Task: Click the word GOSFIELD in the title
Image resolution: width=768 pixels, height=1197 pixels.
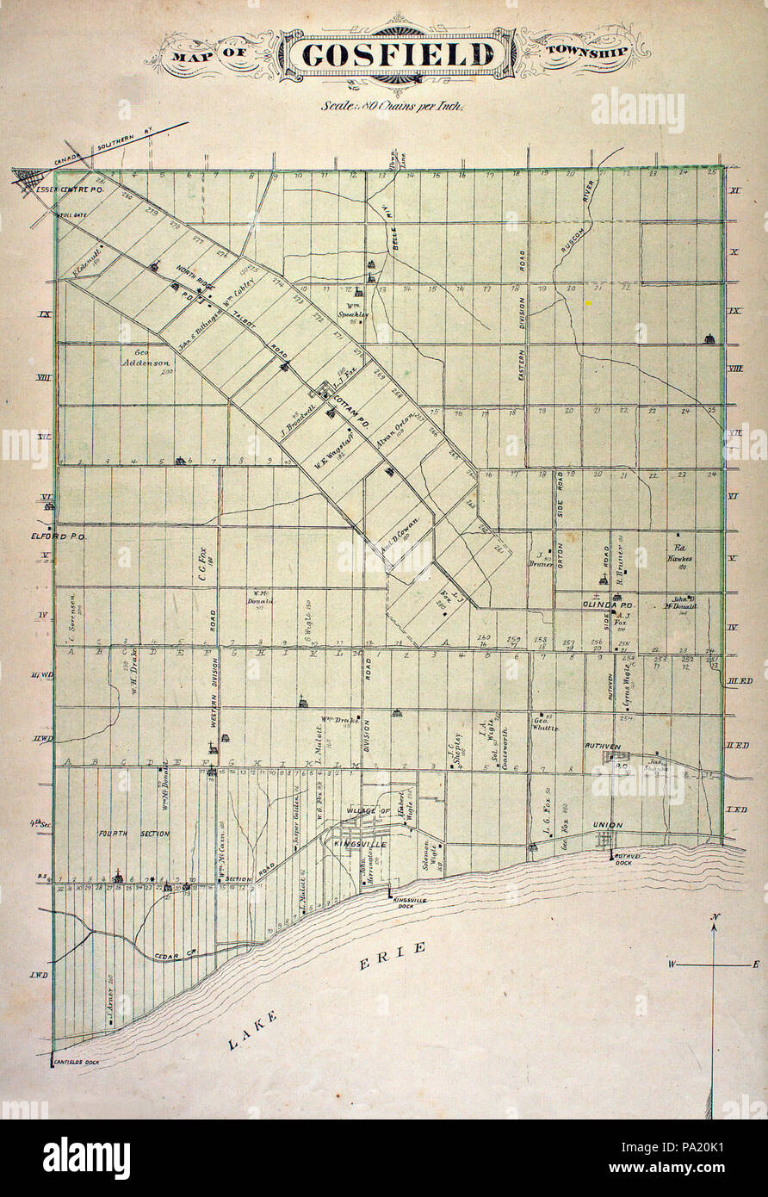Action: point(399,55)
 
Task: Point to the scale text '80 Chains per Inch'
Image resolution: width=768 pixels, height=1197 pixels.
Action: point(393,108)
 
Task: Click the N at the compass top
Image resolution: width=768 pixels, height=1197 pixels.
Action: point(714,916)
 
